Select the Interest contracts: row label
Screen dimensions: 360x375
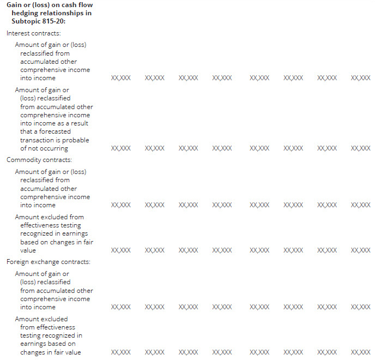[29, 33]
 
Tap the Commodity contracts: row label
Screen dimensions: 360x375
[32, 160]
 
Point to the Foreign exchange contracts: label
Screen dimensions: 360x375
[48, 262]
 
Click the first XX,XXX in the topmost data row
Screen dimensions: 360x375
[120, 78]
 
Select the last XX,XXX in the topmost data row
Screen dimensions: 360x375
[360, 78]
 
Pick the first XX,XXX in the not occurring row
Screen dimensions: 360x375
[120, 148]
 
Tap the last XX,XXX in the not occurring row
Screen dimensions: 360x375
[360, 148]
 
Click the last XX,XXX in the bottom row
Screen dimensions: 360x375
[360, 352]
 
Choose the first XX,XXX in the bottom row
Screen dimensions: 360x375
[120, 352]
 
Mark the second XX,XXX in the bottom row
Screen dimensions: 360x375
[154, 352]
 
